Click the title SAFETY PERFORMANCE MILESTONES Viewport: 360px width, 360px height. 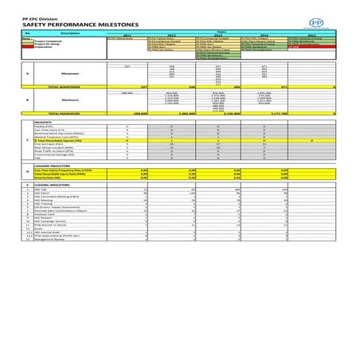tap(60, 25)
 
